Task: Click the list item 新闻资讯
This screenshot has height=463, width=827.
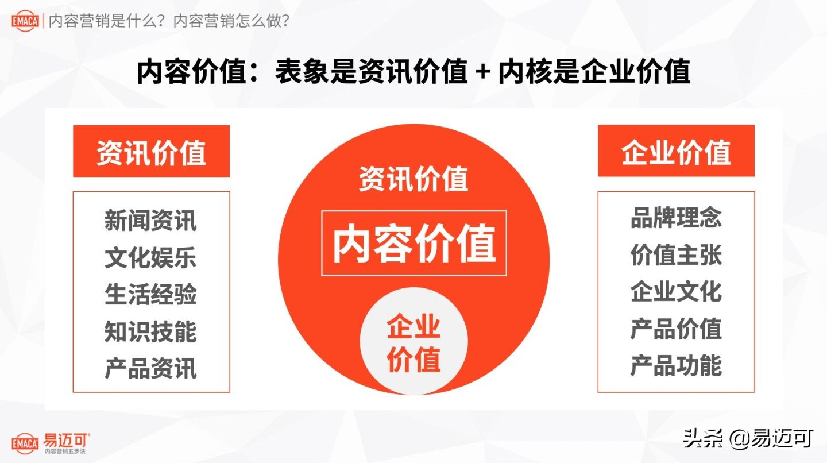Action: (x=150, y=221)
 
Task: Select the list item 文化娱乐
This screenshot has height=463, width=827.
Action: (x=150, y=258)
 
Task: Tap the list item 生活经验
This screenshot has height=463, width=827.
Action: (x=150, y=295)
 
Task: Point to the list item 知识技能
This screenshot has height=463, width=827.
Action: (x=150, y=331)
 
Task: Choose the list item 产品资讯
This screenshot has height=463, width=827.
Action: (x=150, y=368)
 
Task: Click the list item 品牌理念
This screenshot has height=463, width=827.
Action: (x=676, y=218)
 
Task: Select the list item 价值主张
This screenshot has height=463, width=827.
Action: (x=676, y=255)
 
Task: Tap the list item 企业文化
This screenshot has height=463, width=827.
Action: (x=676, y=292)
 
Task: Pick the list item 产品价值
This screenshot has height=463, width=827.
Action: (x=676, y=329)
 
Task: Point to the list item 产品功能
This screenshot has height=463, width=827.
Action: (x=676, y=365)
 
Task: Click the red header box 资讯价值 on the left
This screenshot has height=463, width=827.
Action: (x=151, y=152)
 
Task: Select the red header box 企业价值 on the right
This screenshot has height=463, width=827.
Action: (x=676, y=152)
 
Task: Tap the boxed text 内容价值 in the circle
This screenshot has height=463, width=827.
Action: (x=413, y=244)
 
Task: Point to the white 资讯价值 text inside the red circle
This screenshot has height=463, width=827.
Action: (x=413, y=179)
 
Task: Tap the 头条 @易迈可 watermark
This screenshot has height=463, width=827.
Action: (x=748, y=438)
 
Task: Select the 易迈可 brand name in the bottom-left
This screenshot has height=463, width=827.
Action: (x=66, y=439)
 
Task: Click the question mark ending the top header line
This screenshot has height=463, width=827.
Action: (x=285, y=22)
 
